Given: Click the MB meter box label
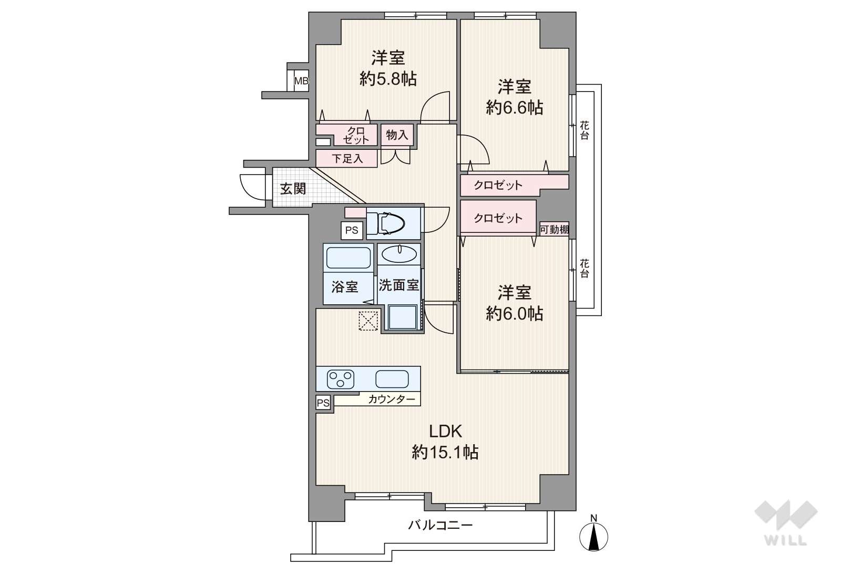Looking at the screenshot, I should click(x=301, y=81).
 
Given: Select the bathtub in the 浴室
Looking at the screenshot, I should click(x=348, y=258).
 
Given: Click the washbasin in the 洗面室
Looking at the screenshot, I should click(x=399, y=254).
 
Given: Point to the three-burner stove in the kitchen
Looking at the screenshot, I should click(x=341, y=379).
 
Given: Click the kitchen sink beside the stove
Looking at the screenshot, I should click(x=392, y=379).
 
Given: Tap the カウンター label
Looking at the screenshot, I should click(x=392, y=399).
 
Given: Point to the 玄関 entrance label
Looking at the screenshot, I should click(x=293, y=189).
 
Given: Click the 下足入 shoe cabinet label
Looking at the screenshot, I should click(x=347, y=158).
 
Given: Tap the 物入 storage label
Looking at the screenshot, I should click(x=397, y=135).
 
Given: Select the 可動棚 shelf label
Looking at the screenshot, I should click(x=554, y=230).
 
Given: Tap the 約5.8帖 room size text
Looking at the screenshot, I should click(x=388, y=79).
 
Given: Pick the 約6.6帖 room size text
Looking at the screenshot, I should click(x=514, y=108).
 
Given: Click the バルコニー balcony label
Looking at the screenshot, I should click(x=440, y=525).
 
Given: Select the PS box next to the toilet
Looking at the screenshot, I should click(x=352, y=230).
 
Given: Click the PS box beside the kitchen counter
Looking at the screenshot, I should click(x=323, y=403).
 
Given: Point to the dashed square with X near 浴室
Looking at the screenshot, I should click(x=368, y=321).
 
